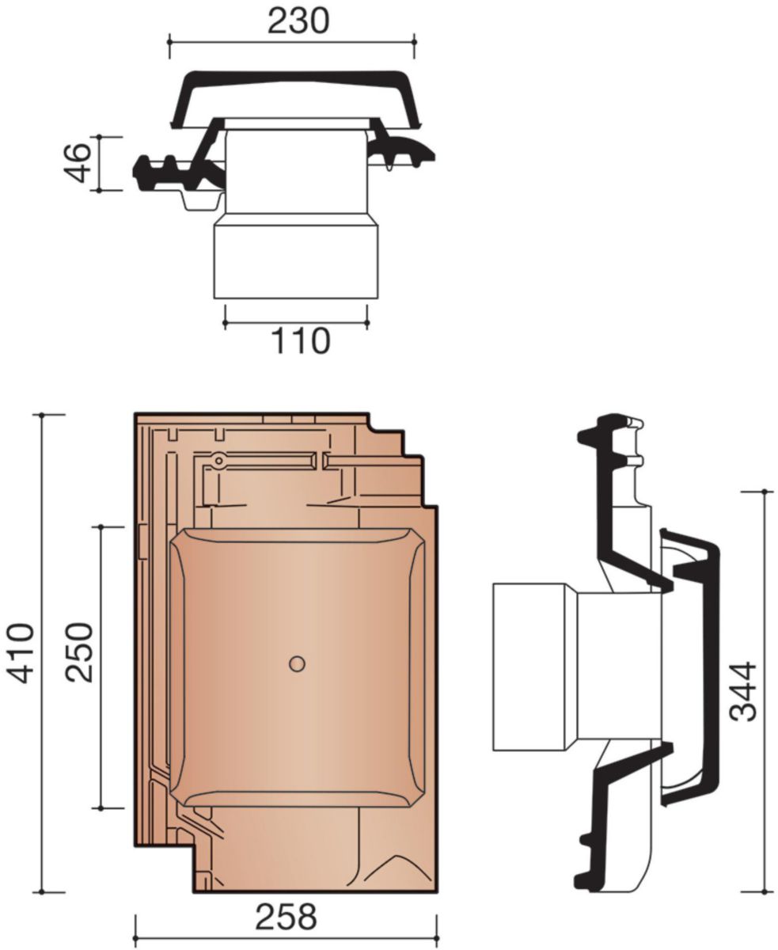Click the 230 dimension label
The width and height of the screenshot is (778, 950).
(297, 21)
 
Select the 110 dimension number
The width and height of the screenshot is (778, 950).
(300, 341)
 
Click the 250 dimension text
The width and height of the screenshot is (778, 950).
(80, 653)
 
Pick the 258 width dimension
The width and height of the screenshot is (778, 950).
(285, 918)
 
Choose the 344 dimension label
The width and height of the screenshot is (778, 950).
(743, 691)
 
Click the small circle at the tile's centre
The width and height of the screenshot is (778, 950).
(297, 664)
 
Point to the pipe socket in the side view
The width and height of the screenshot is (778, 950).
(534, 667)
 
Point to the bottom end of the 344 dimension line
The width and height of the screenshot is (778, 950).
(765, 891)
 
